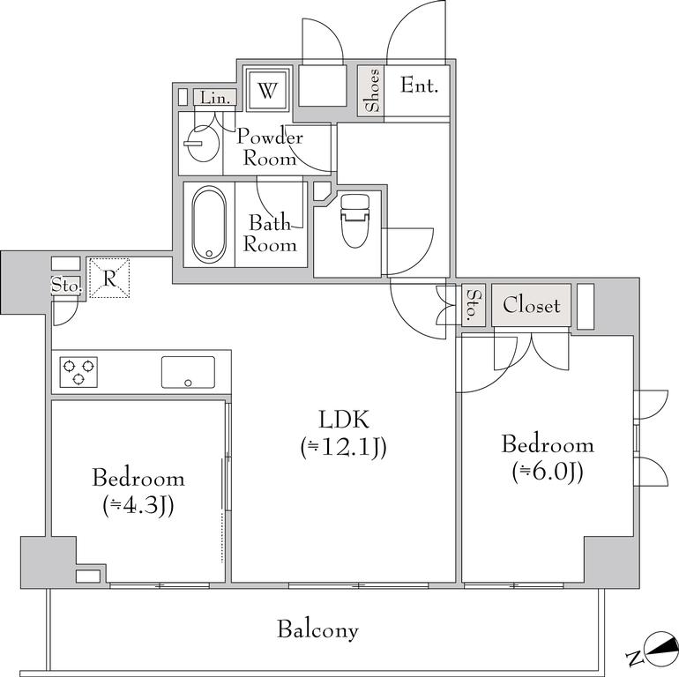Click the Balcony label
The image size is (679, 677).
pyautogui.click(x=317, y=630)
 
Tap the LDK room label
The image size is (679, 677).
pyautogui.click(x=344, y=420)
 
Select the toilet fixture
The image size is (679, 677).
pyautogui.click(x=355, y=220)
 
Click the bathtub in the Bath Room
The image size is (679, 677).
pyautogui.click(x=209, y=224)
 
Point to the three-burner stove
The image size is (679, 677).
pyautogui.click(x=78, y=372)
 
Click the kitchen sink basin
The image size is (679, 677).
pyautogui.click(x=188, y=372)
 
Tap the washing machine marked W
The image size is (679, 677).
pyautogui.click(x=267, y=91)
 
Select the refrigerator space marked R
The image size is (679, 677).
pyautogui.click(x=109, y=279)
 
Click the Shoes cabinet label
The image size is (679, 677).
pyautogui.click(x=371, y=91)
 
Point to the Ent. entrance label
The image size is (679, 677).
pyautogui.click(x=419, y=85)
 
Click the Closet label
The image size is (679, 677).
pyautogui.click(x=532, y=305)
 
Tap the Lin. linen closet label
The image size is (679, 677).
pyautogui.click(x=215, y=98)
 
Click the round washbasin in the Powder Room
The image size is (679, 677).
pyautogui.click(x=203, y=144)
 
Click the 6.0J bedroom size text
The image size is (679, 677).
pyautogui.click(x=548, y=472)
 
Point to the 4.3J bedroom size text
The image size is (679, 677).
pyautogui.click(x=138, y=505)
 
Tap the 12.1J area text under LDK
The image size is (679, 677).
pyautogui.click(x=343, y=448)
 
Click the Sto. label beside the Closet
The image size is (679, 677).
pyautogui.click(x=474, y=305)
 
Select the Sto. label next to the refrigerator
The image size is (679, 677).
pyautogui.click(x=66, y=286)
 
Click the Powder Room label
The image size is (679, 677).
pyautogui.click(x=269, y=147)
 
